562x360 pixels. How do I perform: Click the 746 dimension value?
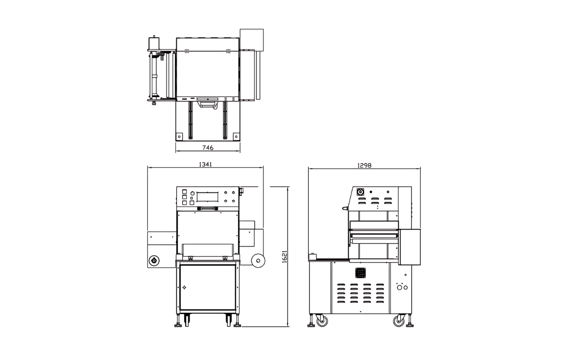[207, 148]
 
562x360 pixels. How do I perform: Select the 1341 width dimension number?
[205, 164]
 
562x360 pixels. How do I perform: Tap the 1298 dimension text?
[364, 165]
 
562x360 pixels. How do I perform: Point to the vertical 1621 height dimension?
[285, 256]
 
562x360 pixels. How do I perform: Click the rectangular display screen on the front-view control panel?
[207, 197]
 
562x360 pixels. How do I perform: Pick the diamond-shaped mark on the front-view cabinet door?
[184, 287]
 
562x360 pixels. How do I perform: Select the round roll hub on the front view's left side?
[154, 260]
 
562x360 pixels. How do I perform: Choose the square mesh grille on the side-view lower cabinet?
[361, 273]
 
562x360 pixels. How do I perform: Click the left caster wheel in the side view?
[322, 321]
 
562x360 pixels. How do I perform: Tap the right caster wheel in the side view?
[399, 321]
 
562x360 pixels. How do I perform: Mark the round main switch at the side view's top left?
[360, 192]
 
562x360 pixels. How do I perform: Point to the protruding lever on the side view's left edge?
[345, 208]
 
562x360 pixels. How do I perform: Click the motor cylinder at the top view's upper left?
[154, 42]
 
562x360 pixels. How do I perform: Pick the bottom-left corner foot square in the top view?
[179, 135]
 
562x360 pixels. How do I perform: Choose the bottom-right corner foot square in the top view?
[236, 135]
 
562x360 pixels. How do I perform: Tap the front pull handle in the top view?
[207, 104]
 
